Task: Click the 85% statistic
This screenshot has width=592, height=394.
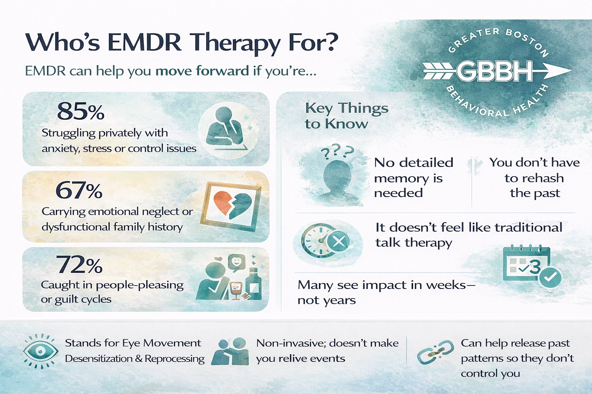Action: click(x=81, y=111)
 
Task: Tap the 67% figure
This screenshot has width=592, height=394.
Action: click(x=79, y=190)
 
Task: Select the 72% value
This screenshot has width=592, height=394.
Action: click(x=80, y=265)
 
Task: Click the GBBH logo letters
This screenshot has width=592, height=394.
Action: click(x=494, y=72)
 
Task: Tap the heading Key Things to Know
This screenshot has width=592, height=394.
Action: click(x=346, y=116)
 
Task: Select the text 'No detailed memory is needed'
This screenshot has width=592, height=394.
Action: click(x=414, y=178)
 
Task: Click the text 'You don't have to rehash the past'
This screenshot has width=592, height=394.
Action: click(x=534, y=178)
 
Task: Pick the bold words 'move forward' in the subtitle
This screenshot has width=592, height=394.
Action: click(x=202, y=71)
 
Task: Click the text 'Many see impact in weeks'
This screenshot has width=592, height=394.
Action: click(x=385, y=292)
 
